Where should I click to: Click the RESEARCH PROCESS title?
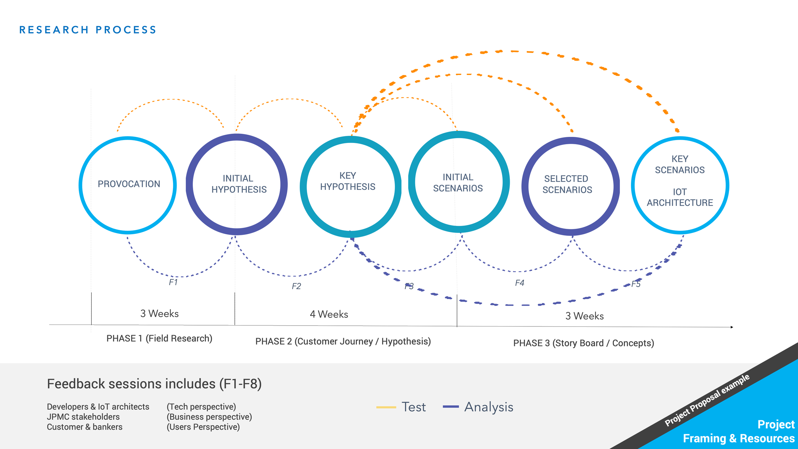(88, 30)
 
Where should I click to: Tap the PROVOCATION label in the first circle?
(129, 184)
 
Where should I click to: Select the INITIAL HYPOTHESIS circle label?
(238, 184)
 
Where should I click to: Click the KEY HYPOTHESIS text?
(348, 181)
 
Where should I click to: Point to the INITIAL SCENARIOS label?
(458, 183)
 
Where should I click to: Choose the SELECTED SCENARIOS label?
(567, 184)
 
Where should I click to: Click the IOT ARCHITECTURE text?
(680, 197)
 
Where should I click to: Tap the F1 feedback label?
(173, 282)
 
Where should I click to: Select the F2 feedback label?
(296, 286)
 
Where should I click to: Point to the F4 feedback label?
(519, 283)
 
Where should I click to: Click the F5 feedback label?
(636, 284)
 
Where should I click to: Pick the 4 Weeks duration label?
(329, 314)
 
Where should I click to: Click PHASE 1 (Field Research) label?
(159, 338)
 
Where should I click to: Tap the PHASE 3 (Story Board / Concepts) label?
(583, 343)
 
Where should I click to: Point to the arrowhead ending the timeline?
(732, 327)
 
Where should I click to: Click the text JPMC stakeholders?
(83, 417)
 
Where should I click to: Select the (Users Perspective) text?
(203, 427)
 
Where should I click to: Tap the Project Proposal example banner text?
(707, 400)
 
